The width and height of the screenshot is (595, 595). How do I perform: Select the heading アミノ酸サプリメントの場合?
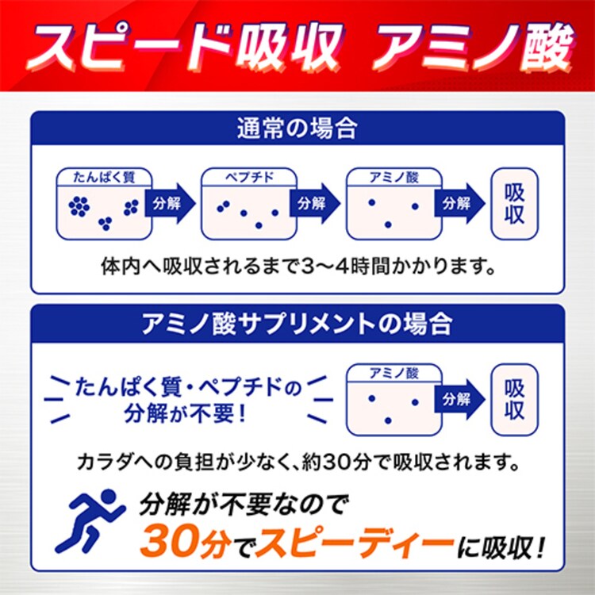pyautogui.click(x=297, y=323)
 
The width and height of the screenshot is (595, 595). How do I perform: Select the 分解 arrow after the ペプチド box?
pyautogui.click(x=312, y=202)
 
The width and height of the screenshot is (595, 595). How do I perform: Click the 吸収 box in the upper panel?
pyautogui.click(x=515, y=204)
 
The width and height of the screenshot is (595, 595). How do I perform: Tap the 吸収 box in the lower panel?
pyautogui.click(x=515, y=399)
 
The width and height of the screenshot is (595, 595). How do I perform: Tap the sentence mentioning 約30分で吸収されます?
pyautogui.click(x=297, y=461)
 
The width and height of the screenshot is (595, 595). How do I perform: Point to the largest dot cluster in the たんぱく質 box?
pyautogui.click(x=79, y=205)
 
